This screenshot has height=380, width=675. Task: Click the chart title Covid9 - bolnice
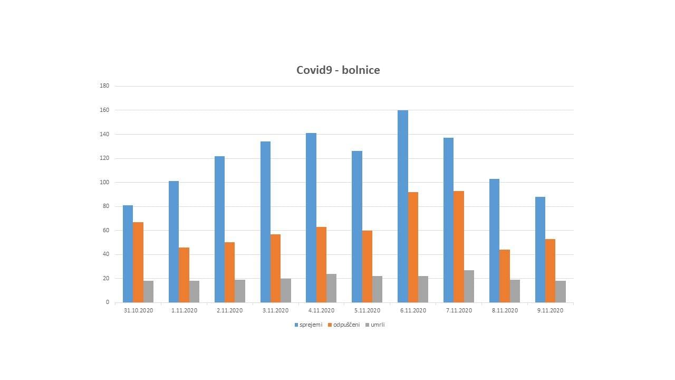pos(338,70)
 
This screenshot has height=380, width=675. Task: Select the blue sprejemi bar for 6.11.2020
pos(403,206)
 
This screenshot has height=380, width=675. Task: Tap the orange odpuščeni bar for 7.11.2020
pos(459,246)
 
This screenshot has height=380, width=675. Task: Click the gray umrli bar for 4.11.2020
pos(331,288)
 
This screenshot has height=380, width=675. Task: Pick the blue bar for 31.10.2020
pos(128,253)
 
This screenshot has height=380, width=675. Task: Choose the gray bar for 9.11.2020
pos(561,291)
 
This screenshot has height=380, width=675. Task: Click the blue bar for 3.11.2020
pos(265,222)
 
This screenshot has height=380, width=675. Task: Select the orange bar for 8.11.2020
pos(505,275)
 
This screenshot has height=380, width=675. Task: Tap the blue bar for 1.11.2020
pos(173,242)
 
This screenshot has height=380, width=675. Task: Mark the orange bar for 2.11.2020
pos(229,272)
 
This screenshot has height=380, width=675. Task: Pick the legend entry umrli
pos(377,325)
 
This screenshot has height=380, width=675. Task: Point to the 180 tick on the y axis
pos(104,86)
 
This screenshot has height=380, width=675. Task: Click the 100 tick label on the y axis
pos(104,182)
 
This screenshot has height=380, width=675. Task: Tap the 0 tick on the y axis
pos(107,302)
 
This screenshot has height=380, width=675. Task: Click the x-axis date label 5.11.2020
pos(367,310)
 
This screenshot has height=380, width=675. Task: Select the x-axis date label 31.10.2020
pos(138,310)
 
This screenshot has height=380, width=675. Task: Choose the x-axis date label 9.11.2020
pos(550,310)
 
